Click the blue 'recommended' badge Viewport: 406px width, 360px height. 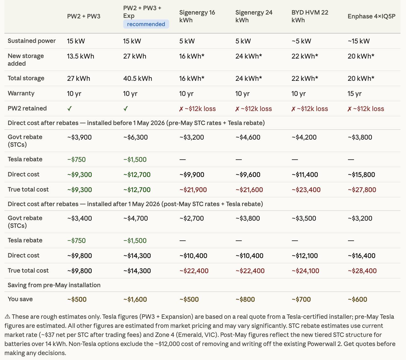tap(146, 24)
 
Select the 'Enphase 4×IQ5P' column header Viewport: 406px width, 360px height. tap(371, 16)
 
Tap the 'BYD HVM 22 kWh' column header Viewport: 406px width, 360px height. tap(310, 16)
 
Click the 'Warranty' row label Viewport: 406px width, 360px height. tap(21, 93)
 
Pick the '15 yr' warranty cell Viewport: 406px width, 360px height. tap(355, 93)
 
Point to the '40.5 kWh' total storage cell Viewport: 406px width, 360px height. tap(138, 78)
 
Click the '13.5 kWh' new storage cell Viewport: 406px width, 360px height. tap(81, 56)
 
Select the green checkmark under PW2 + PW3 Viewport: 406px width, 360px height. tap(70, 109)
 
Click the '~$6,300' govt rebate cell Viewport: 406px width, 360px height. tap(135, 137)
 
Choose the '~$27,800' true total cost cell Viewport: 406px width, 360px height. tap(362, 190)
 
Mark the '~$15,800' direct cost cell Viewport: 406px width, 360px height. tap(361, 175)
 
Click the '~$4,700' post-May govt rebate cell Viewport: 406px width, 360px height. tap(135, 218)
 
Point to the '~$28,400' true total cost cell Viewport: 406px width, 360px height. tap(362, 271)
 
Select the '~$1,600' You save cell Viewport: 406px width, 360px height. tap(135, 299)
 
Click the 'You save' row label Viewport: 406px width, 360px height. tap(20, 299)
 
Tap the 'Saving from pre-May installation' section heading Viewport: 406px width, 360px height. tap(54, 285)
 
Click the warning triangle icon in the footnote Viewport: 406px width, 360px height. tap(7, 316)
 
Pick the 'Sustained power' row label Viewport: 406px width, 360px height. tap(32, 41)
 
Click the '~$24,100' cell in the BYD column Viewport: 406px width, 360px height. tap(305, 271)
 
